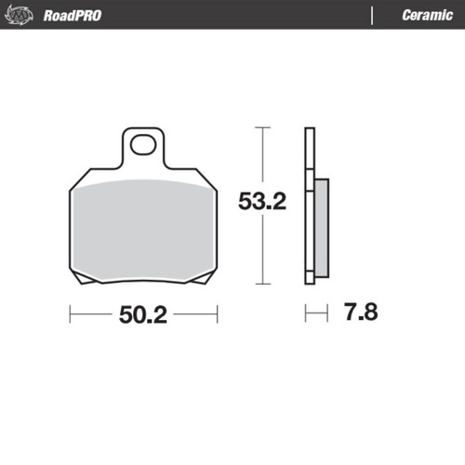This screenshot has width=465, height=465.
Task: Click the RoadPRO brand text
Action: pyautogui.click(x=73, y=16)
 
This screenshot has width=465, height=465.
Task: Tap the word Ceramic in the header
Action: pyautogui.click(x=427, y=16)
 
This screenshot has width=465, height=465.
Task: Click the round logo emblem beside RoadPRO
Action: pyautogui.click(x=22, y=15)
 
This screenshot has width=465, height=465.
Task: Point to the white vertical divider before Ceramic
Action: pyautogui.click(x=373, y=16)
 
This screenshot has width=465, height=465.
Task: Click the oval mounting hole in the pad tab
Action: pyautogui.click(x=143, y=144)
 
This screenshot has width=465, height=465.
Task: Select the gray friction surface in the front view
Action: pyautogui.click(x=143, y=228)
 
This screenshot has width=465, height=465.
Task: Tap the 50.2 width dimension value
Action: pyautogui.click(x=142, y=314)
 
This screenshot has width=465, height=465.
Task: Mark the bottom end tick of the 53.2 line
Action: pyautogui.click(x=264, y=283)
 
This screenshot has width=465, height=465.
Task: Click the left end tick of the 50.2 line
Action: pyautogui.click(x=70, y=314)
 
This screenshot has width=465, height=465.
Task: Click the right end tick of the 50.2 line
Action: pyautogui.click(x=217, y=314)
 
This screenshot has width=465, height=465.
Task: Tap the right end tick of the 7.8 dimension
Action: pyautogui.click(x=327, y=313)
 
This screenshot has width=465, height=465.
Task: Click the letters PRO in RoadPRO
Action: pyautogui.click(x=89, y=16)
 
